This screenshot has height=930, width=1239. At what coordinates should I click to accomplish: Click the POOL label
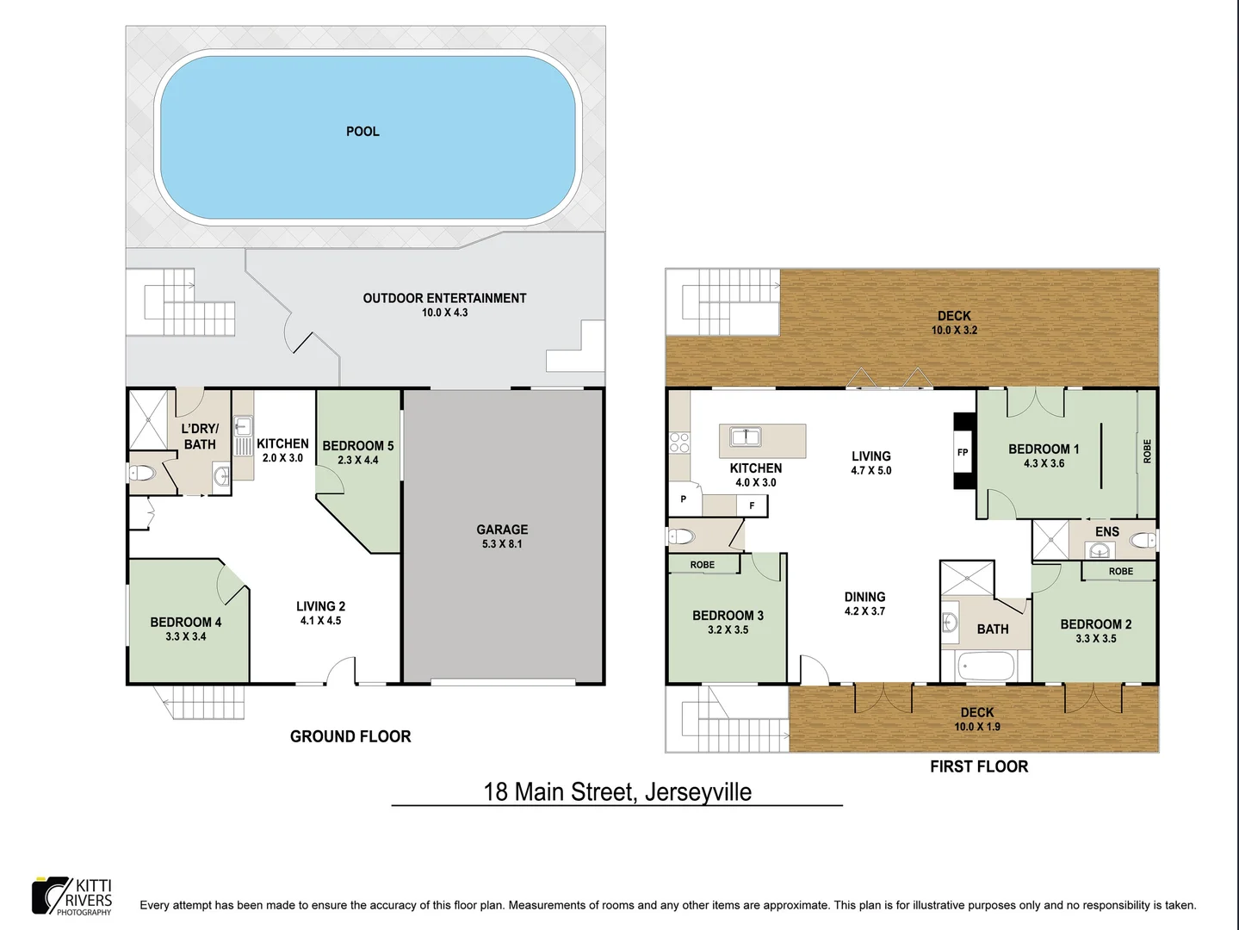[x=362, y=132]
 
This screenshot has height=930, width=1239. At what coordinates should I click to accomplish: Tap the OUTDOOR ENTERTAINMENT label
[x=444, y=299]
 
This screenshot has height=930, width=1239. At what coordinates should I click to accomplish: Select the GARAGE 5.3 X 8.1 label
[x=502, y=536]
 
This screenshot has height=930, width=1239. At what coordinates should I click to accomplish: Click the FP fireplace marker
[x=963, y=452]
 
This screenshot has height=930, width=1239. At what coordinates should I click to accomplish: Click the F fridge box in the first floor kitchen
[x=752, y=505]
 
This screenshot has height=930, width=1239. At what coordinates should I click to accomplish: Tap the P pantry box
[x=684, y=499]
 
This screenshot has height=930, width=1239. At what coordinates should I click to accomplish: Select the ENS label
[x=1106, y=531]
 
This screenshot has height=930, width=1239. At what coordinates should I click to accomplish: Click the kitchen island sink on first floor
[x=745, y=437]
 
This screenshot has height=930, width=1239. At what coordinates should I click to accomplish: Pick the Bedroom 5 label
[x=358, y=446]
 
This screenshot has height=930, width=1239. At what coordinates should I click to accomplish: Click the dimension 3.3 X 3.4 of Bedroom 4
[x=186, y=636]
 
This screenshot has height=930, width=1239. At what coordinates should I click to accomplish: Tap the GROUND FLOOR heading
[x=350, y=736]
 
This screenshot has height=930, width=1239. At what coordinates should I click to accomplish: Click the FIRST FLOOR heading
[x=979, y=766]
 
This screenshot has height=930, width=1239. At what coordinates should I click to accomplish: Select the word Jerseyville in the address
[x=697, y=792]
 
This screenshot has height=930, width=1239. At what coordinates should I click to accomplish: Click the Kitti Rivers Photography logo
[x=72, y=896]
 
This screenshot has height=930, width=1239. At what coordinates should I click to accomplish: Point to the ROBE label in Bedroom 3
[x=703, y=565]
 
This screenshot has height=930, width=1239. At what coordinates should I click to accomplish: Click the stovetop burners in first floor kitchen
[x=679, y=443]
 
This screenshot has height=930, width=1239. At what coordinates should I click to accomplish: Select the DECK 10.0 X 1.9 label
[x=977, y=719]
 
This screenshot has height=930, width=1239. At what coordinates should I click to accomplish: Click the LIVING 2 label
[x=320, y=606]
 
